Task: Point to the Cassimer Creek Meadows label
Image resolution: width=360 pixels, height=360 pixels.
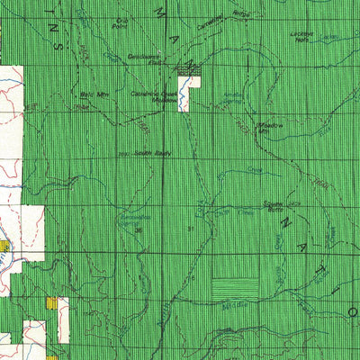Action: (x=159, y=98)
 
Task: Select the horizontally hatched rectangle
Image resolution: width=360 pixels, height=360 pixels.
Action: (x=235, y=287)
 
